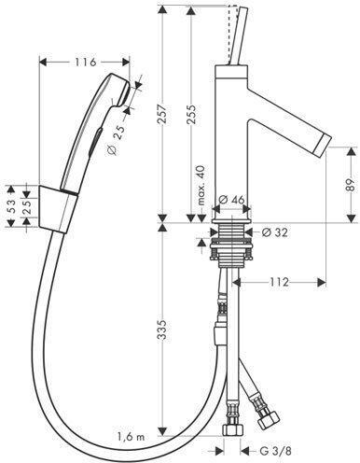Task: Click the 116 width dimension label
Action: coord(85,63)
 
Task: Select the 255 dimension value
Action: coord(191,115)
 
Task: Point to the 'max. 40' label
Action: coord(201,186)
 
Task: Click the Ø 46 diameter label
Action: coord(231,200)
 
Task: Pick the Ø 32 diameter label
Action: coord(274,232)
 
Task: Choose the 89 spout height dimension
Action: coord(351,186)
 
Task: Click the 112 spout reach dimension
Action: coord(279,282)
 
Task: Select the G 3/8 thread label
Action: coord(275,451)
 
